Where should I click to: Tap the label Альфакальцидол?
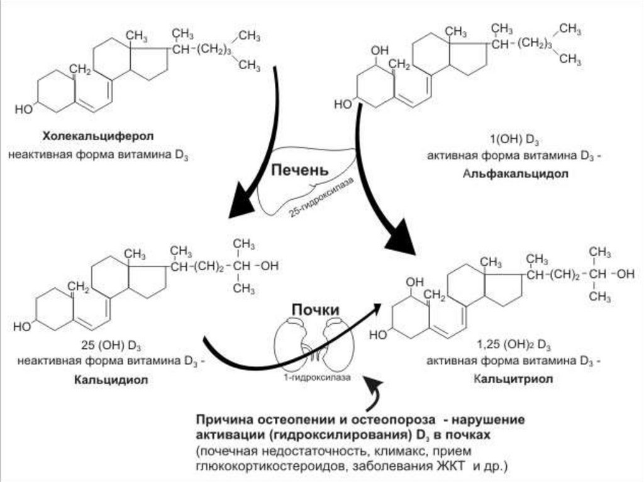[516, 174]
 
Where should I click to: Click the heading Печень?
[300, 171]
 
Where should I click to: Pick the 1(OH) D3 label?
[516, 140]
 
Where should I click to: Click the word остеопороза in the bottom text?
[392, 420]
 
